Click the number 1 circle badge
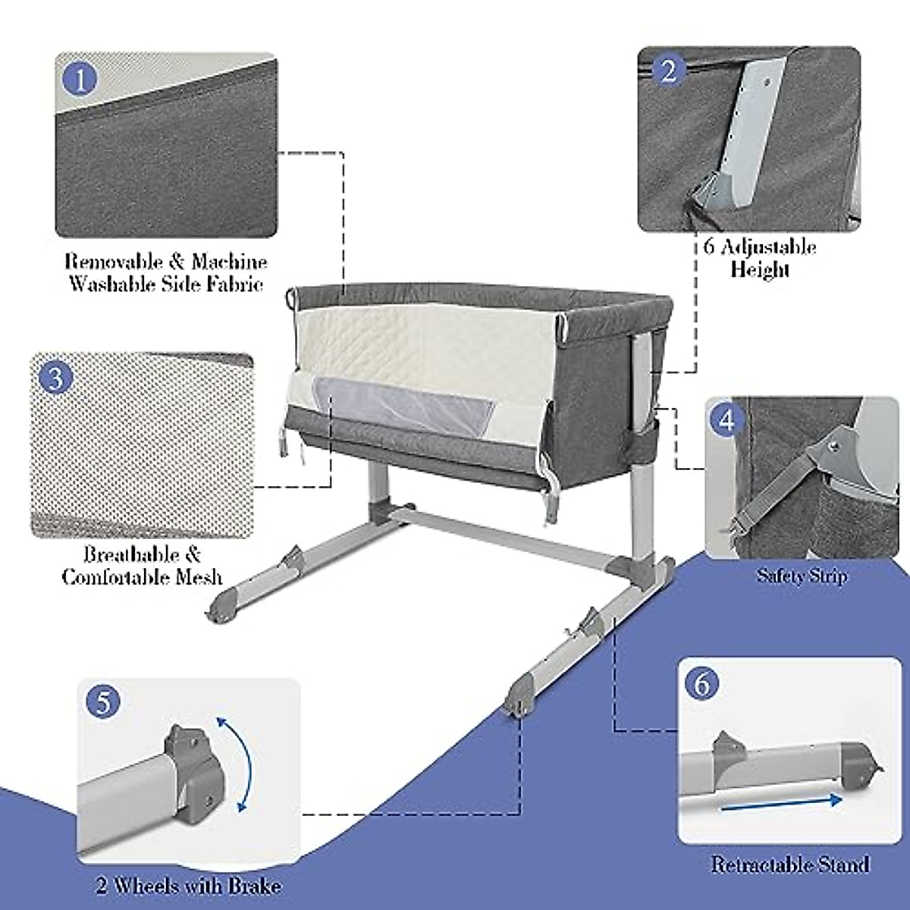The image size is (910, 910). tap(81, 79)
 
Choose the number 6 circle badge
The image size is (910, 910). tap(702, 684)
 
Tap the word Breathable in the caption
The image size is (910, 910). tap(131, 554)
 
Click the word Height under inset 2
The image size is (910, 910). tap(760, 270)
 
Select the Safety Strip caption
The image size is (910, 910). tap(801, 576)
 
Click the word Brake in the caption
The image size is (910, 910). tap(253, 886)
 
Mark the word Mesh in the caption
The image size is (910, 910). tap(197, 577)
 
